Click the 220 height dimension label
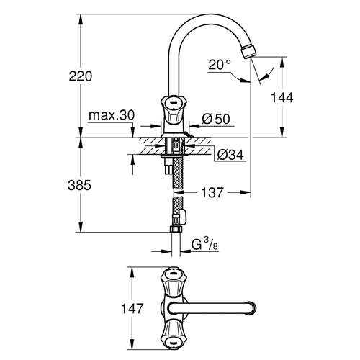click(x=81, y=76)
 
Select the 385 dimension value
click(x=80, y=185)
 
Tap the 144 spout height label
click(x=282, y=98)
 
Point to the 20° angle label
click(x=220, y=64)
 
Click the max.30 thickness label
click(x=112, y=115)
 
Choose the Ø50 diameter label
click(x=216, y=119)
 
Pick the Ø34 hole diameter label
click(x=230, y=155)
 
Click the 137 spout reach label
click(x=212, y=192)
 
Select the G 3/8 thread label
click(x=204, y=246)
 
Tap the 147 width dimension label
click(x=132, y=308)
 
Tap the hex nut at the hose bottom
click(x=176, y=229)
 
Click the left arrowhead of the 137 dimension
click(x=179, y=192)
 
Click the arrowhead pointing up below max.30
click(x=132, y=160)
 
